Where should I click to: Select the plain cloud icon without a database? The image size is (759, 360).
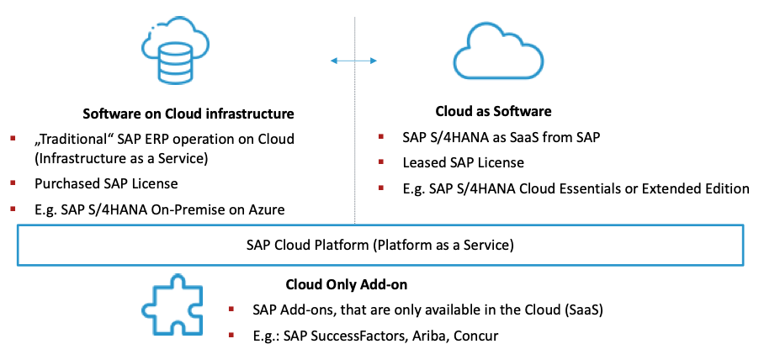point(498,56)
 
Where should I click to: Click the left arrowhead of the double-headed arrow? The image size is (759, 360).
point(333,61)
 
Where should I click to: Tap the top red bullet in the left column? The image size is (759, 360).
point(13,138)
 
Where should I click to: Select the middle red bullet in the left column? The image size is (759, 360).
point(13,182)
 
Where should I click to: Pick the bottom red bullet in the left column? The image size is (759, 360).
point(13,208)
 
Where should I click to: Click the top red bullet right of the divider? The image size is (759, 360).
point(380,136)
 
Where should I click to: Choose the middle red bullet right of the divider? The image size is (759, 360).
point(380,161)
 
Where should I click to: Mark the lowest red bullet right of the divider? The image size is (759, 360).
point(380,187)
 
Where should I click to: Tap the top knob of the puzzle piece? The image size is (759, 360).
point(177,280)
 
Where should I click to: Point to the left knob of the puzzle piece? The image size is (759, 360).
point(146,309)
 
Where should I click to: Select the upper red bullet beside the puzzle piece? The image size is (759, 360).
point(231,309)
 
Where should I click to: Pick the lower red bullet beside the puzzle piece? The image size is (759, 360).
point(231,335)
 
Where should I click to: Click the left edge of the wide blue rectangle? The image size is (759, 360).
point(18,245)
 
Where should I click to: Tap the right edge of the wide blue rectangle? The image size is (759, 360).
point(743,245)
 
